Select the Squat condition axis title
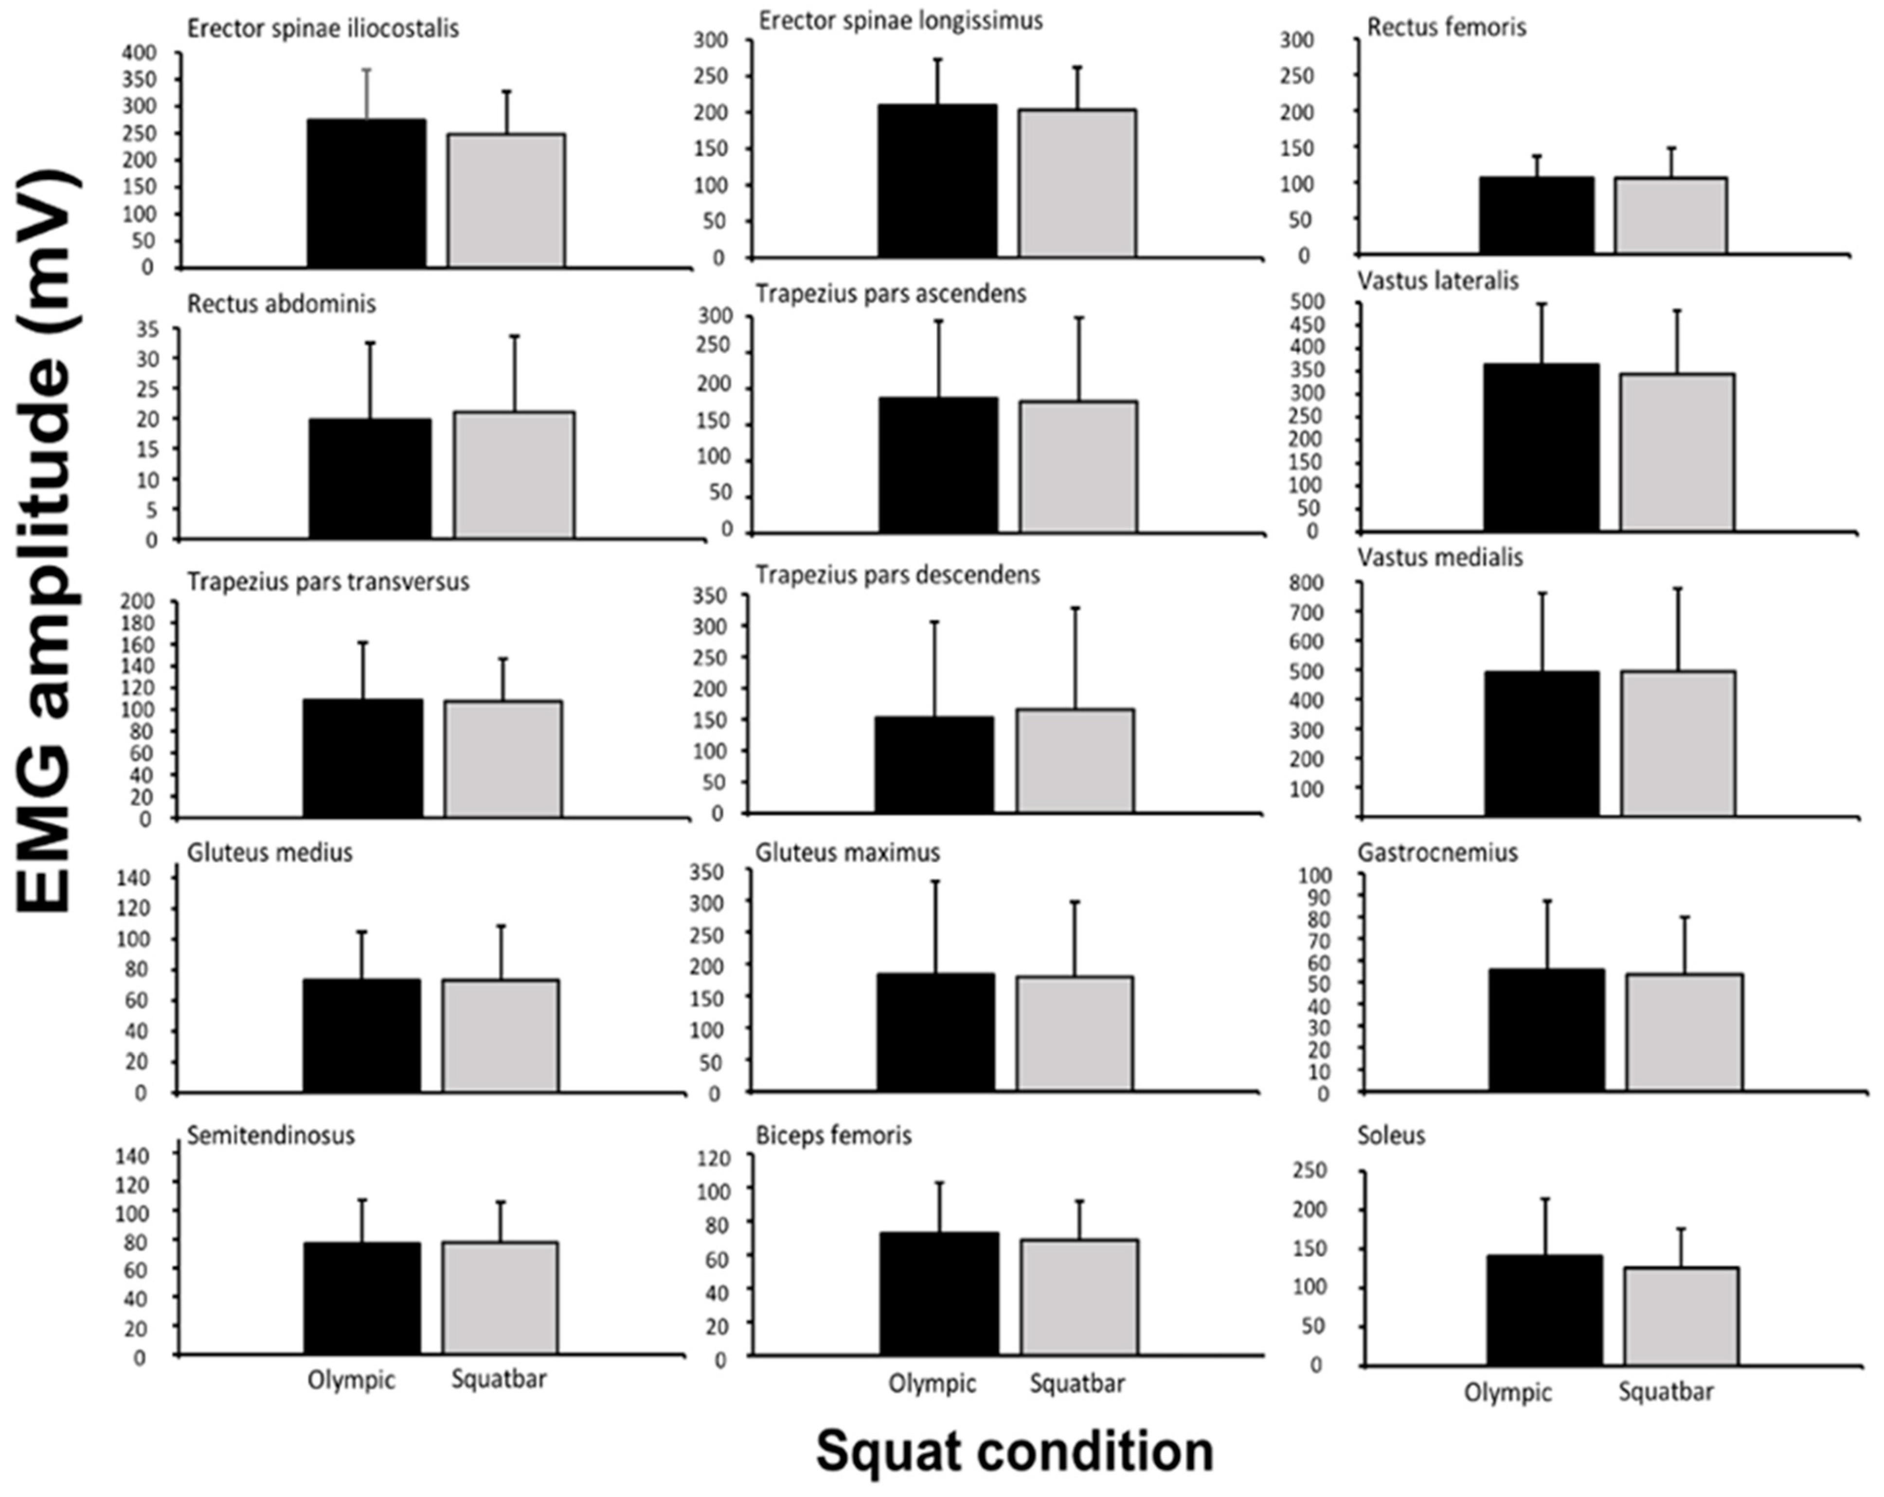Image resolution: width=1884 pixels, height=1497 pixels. point(1014,1451)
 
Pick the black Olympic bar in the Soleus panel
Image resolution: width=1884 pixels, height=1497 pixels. point(1544,1310)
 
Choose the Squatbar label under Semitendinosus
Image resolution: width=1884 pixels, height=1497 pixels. point(499,1379)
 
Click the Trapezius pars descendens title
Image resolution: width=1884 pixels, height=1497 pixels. point(897,575)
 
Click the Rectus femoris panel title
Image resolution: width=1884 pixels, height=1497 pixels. point(1446,28)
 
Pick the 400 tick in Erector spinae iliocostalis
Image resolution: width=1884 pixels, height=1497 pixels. point(139,53)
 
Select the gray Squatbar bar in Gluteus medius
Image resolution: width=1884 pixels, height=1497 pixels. point(500,1036)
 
